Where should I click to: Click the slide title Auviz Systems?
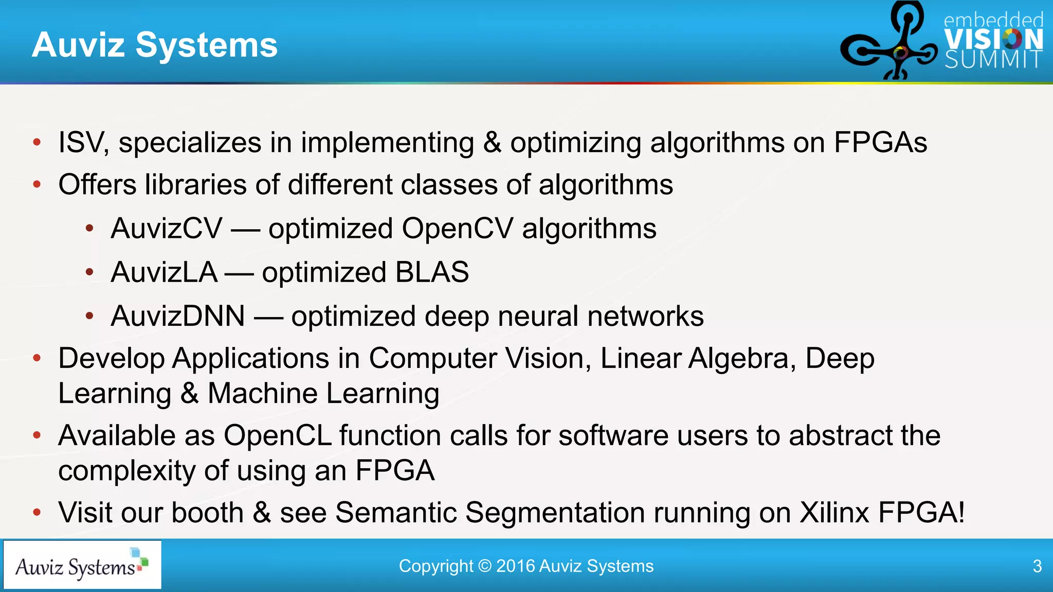154,45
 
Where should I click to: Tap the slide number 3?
1037,566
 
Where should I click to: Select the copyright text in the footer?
526,566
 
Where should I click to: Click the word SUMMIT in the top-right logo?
993,60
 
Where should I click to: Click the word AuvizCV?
166,228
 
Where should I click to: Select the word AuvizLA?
164,272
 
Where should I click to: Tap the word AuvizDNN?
177,316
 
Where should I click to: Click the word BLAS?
431,272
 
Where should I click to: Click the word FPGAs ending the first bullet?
880,143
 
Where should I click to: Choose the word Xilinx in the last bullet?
834,513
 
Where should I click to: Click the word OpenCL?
277,436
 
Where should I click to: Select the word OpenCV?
457,228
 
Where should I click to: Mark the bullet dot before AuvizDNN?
89,316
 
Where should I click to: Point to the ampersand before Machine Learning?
189,394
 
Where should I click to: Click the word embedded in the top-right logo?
993,21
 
